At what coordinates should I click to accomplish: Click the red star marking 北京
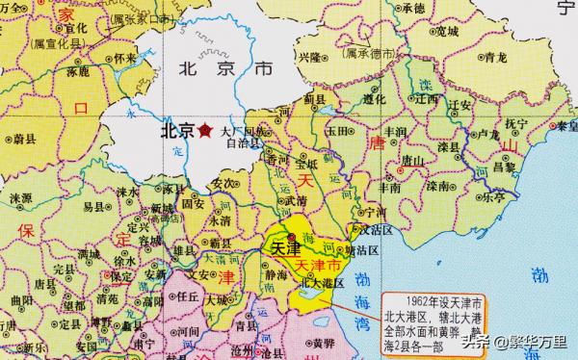205,131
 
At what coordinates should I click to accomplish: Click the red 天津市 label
315,264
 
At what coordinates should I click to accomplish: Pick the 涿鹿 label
78,71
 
